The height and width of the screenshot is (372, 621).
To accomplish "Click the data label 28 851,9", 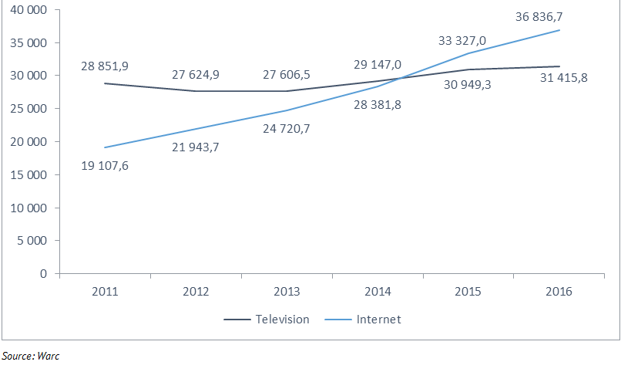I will pos(105,67).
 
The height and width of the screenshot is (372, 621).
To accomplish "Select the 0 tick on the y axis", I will pos(44,274).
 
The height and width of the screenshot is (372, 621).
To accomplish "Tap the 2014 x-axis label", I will pos(378,292).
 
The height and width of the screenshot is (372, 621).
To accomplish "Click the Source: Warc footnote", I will pos(31,357).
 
